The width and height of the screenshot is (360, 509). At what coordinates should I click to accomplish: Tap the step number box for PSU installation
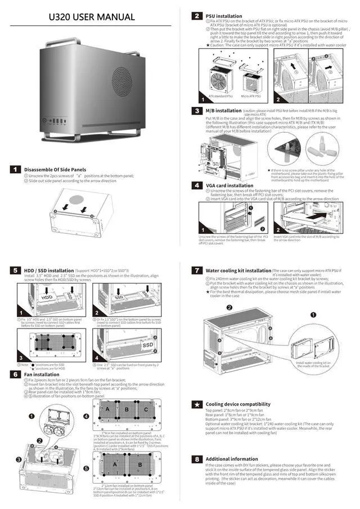pos(197,16)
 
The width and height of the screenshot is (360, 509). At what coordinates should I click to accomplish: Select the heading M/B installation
pos(224,111)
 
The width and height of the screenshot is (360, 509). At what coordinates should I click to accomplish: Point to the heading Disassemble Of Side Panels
pos(55,169)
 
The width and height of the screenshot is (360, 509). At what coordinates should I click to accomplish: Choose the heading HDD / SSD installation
pos(49,271)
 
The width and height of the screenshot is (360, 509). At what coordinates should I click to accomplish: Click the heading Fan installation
pos(43,374)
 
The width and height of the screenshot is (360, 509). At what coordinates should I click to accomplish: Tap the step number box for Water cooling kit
pos(197,271)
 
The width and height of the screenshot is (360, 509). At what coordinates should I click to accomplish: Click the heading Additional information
pos(232,459)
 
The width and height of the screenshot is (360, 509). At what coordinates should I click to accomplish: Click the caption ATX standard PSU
pos(220,96)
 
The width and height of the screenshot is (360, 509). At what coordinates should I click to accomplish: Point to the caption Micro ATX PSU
pos(251,96)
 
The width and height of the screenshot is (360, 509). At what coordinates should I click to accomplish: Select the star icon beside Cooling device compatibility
pos(197,404)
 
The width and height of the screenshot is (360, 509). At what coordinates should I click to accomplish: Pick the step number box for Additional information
pos(197,459)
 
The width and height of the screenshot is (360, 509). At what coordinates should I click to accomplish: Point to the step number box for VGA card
pos(197,185)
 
